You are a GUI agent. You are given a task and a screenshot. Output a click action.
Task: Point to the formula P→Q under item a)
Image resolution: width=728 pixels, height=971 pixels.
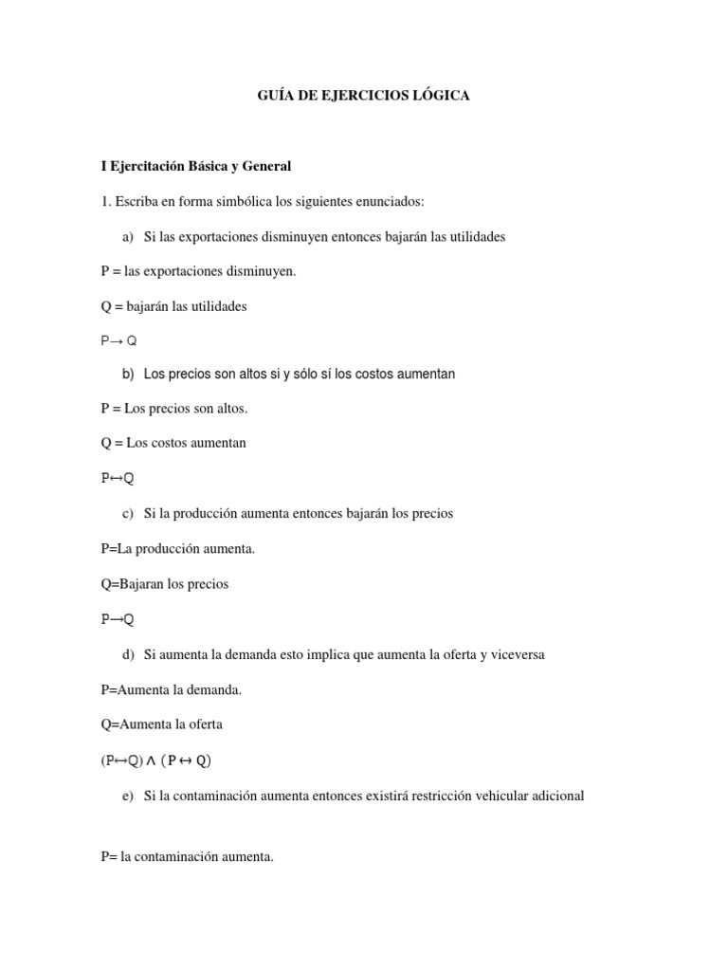(118, 339)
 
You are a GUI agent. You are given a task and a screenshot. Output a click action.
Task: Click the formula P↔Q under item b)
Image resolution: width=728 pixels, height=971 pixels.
(118, 478)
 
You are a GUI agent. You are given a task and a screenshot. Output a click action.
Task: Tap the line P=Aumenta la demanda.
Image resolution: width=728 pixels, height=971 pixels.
(172, 689)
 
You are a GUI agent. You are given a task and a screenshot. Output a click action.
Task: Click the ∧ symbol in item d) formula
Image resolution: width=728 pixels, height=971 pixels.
(151, 760)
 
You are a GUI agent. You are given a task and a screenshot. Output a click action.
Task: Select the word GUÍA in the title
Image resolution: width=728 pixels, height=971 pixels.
(276, 96)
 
